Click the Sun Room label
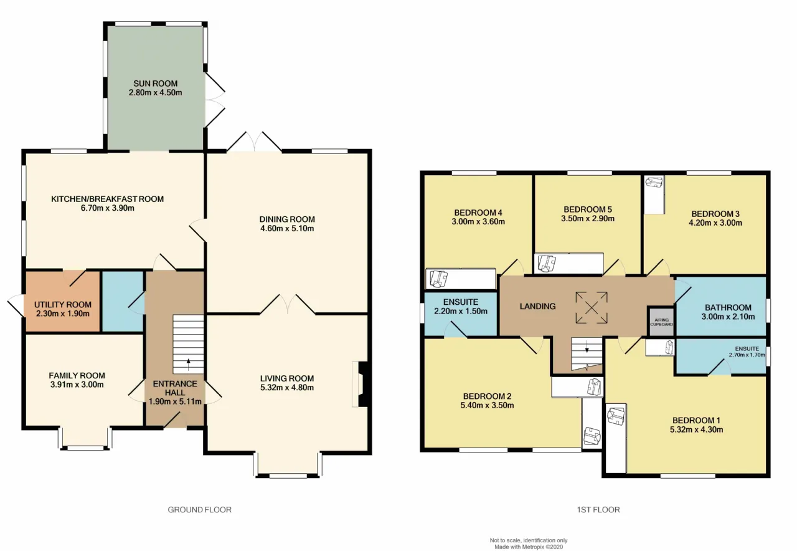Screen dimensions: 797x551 [156, 84]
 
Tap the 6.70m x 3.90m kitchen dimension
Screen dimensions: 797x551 [108, 208]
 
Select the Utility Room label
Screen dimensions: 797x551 [63, 305]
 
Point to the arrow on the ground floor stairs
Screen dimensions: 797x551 [188, 365]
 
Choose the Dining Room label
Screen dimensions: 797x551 [287, 219]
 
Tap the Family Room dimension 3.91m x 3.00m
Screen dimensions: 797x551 [77, 385]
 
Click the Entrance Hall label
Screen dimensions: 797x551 [175, 388]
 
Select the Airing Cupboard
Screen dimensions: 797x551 [661, 322]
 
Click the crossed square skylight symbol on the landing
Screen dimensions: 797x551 [592, 308]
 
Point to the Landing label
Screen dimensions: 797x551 [537, 306]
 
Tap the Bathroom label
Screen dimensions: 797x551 [728, 307]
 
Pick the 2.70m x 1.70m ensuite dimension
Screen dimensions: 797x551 [747, 355]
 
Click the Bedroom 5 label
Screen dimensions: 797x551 [588, 209]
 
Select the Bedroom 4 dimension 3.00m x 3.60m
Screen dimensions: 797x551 [478, 221]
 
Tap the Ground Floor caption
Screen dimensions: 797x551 [200, 510]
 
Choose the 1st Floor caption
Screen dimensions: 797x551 [598, 510]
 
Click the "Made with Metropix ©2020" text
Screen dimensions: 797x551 [529, 547]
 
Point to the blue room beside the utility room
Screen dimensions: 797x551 [123, 301]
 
